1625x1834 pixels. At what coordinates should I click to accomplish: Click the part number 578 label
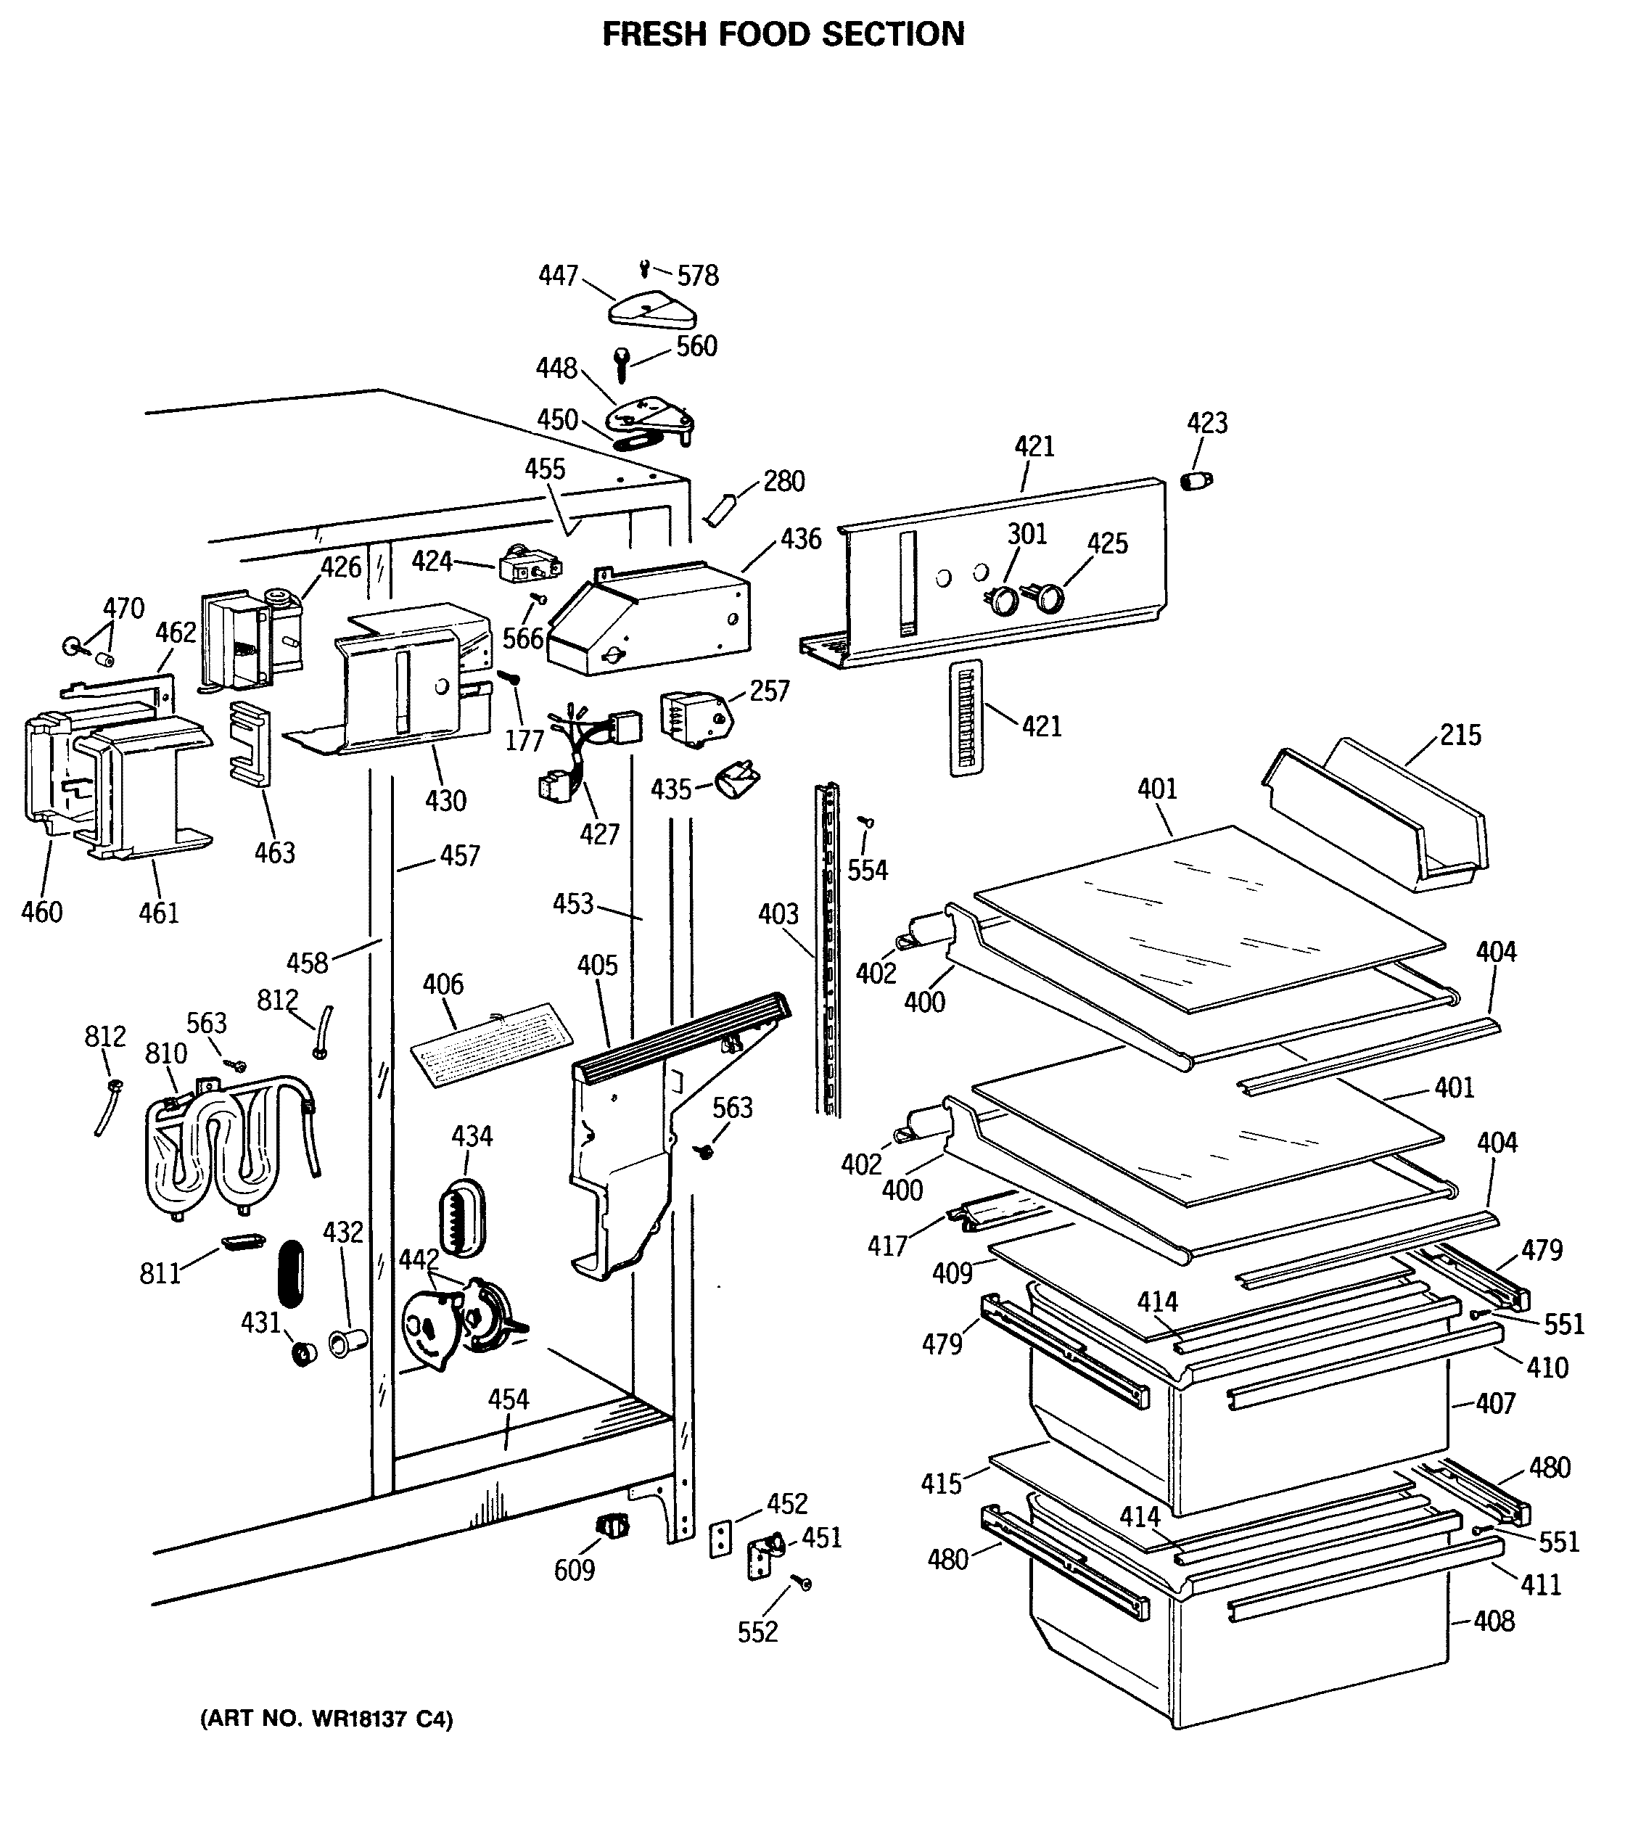(697, 276)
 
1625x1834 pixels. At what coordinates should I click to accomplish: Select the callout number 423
(1207, 423)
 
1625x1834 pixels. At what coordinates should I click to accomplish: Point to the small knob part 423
(1194, 480)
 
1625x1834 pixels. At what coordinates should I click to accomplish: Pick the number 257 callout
(769, 691)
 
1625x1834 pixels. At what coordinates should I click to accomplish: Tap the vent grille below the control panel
(966, 717)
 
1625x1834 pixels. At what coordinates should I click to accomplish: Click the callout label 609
(575, 1569)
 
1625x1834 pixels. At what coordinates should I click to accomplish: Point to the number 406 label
(443, 984)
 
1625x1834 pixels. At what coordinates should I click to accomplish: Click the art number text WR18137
(358, 1719)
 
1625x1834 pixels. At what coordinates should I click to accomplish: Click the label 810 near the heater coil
(166, 1053)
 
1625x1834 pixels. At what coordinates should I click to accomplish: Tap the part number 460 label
(41, 912)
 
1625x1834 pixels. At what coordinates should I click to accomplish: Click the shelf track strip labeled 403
(828, 951)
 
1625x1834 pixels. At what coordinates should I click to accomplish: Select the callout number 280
(783, 481)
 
